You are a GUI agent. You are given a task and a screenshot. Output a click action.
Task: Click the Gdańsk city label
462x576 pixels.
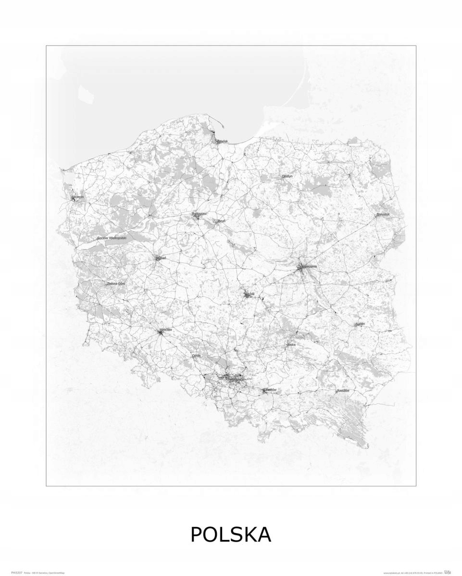point(223,142)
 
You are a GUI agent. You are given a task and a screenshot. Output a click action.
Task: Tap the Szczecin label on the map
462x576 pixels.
point(78,197)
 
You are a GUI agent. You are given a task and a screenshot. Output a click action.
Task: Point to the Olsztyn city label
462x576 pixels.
point(287,176)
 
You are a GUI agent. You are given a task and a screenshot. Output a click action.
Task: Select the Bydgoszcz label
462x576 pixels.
point(199,214)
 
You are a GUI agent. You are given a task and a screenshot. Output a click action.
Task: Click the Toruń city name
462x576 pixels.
point(221,221)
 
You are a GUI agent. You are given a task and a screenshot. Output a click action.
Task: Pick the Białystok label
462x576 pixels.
point(383,214)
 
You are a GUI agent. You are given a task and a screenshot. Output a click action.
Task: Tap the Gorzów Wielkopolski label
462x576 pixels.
point(111,238)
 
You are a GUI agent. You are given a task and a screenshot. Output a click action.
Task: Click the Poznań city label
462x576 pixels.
point(161,258)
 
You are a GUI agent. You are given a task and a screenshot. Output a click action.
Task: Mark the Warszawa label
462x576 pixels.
point(308,266)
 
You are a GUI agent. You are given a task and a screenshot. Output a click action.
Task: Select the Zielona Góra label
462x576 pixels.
point(116,283)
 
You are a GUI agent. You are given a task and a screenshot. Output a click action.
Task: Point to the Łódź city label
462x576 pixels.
point(250,294)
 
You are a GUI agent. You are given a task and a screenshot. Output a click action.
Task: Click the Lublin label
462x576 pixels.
point(360,324)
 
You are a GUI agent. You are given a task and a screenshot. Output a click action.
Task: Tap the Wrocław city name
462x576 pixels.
point(166,330)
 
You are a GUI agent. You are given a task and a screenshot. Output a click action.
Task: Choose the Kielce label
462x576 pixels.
point(291,345)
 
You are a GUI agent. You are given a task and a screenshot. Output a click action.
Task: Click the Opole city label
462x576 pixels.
point(196,356)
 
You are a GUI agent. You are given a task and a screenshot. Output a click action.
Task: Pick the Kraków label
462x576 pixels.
point(271,390)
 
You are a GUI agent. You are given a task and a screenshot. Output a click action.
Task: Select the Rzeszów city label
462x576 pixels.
point(343,391)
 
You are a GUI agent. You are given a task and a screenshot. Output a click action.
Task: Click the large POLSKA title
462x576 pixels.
point(231,535)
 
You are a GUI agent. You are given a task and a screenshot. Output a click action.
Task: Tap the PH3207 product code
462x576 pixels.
point(15,573)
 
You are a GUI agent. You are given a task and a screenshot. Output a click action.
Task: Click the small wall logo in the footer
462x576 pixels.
point(447,572)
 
